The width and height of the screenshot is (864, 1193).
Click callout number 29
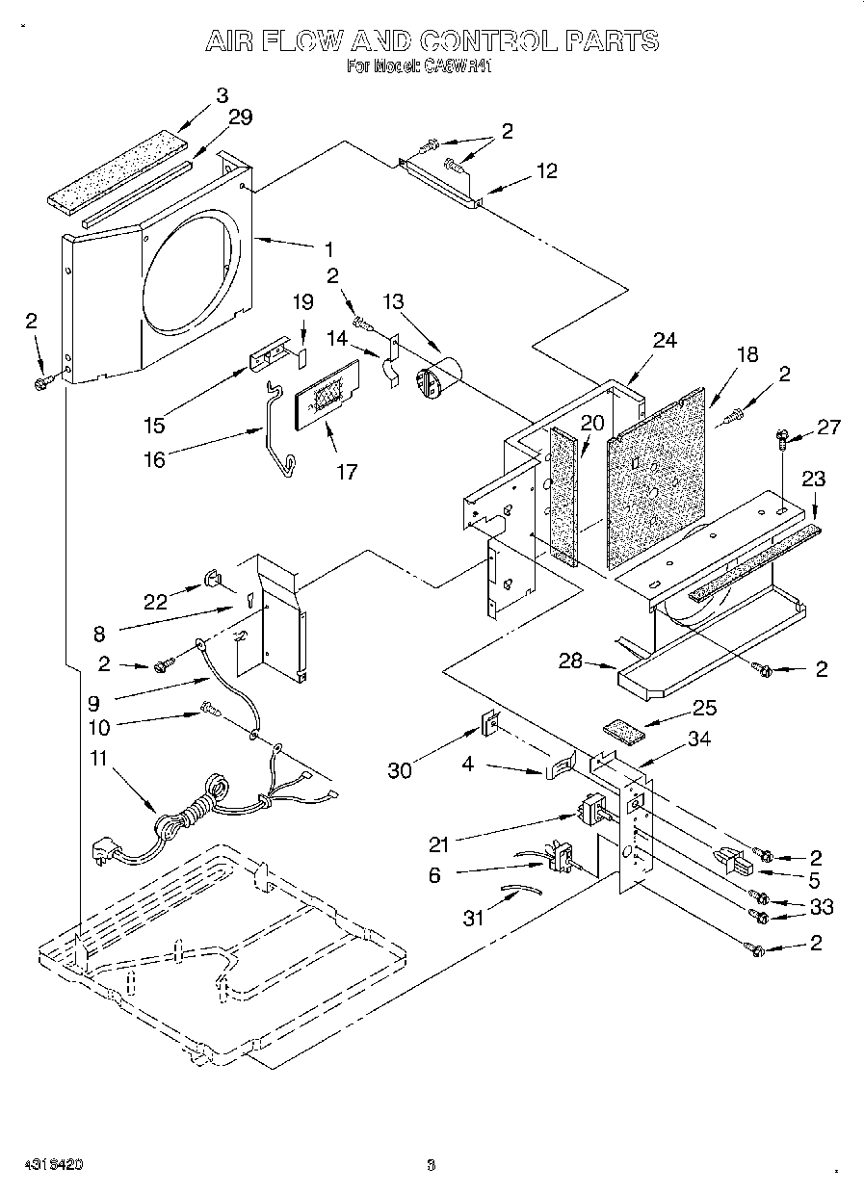click(240, 117)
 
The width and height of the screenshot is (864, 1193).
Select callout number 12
click(546, 171)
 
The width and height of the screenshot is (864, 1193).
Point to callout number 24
click(665, 339)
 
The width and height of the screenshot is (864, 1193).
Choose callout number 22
click(156, 602)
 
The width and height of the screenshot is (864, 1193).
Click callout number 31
click(473, 918)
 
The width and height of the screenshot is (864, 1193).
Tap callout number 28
click(570, 660)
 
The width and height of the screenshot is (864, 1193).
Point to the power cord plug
click(104, 851)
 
